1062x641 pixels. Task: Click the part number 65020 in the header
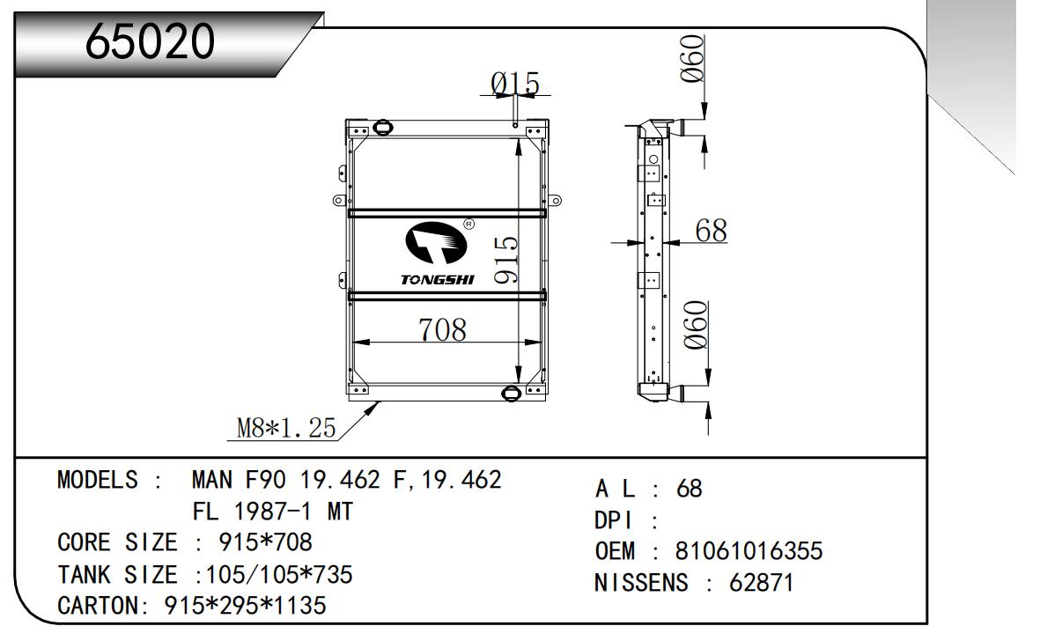click(x=151, y=41)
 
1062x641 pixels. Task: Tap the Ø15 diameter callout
click(x=515, y=84)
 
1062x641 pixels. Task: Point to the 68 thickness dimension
click(x=711, y=231)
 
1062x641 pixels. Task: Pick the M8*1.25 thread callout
click(x=287, y=428)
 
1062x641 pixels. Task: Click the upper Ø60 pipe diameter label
click(x=694, y=58)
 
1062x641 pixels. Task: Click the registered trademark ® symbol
click(x=468, y=225)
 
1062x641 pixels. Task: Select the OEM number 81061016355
click(x=749, y=552)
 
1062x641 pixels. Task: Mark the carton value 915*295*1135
click(x=246, y=606)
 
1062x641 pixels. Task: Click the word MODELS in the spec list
click(x=98, y=481)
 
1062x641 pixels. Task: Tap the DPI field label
click(x=615, y=520)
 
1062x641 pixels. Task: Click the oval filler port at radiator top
click(x=384, y=128)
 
